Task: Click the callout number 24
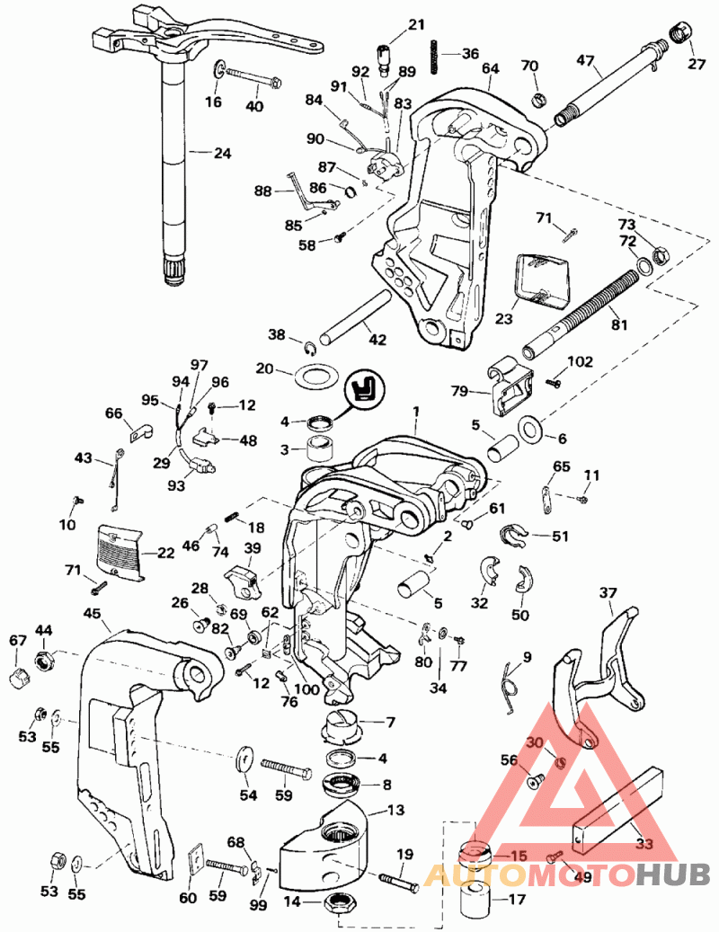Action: coord(222,153)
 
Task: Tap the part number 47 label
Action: coord(586,61)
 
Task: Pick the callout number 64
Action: coord(490,68)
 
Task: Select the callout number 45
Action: coord(91,613)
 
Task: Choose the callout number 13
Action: coord(395,810)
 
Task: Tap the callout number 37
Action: coord(608,592)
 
